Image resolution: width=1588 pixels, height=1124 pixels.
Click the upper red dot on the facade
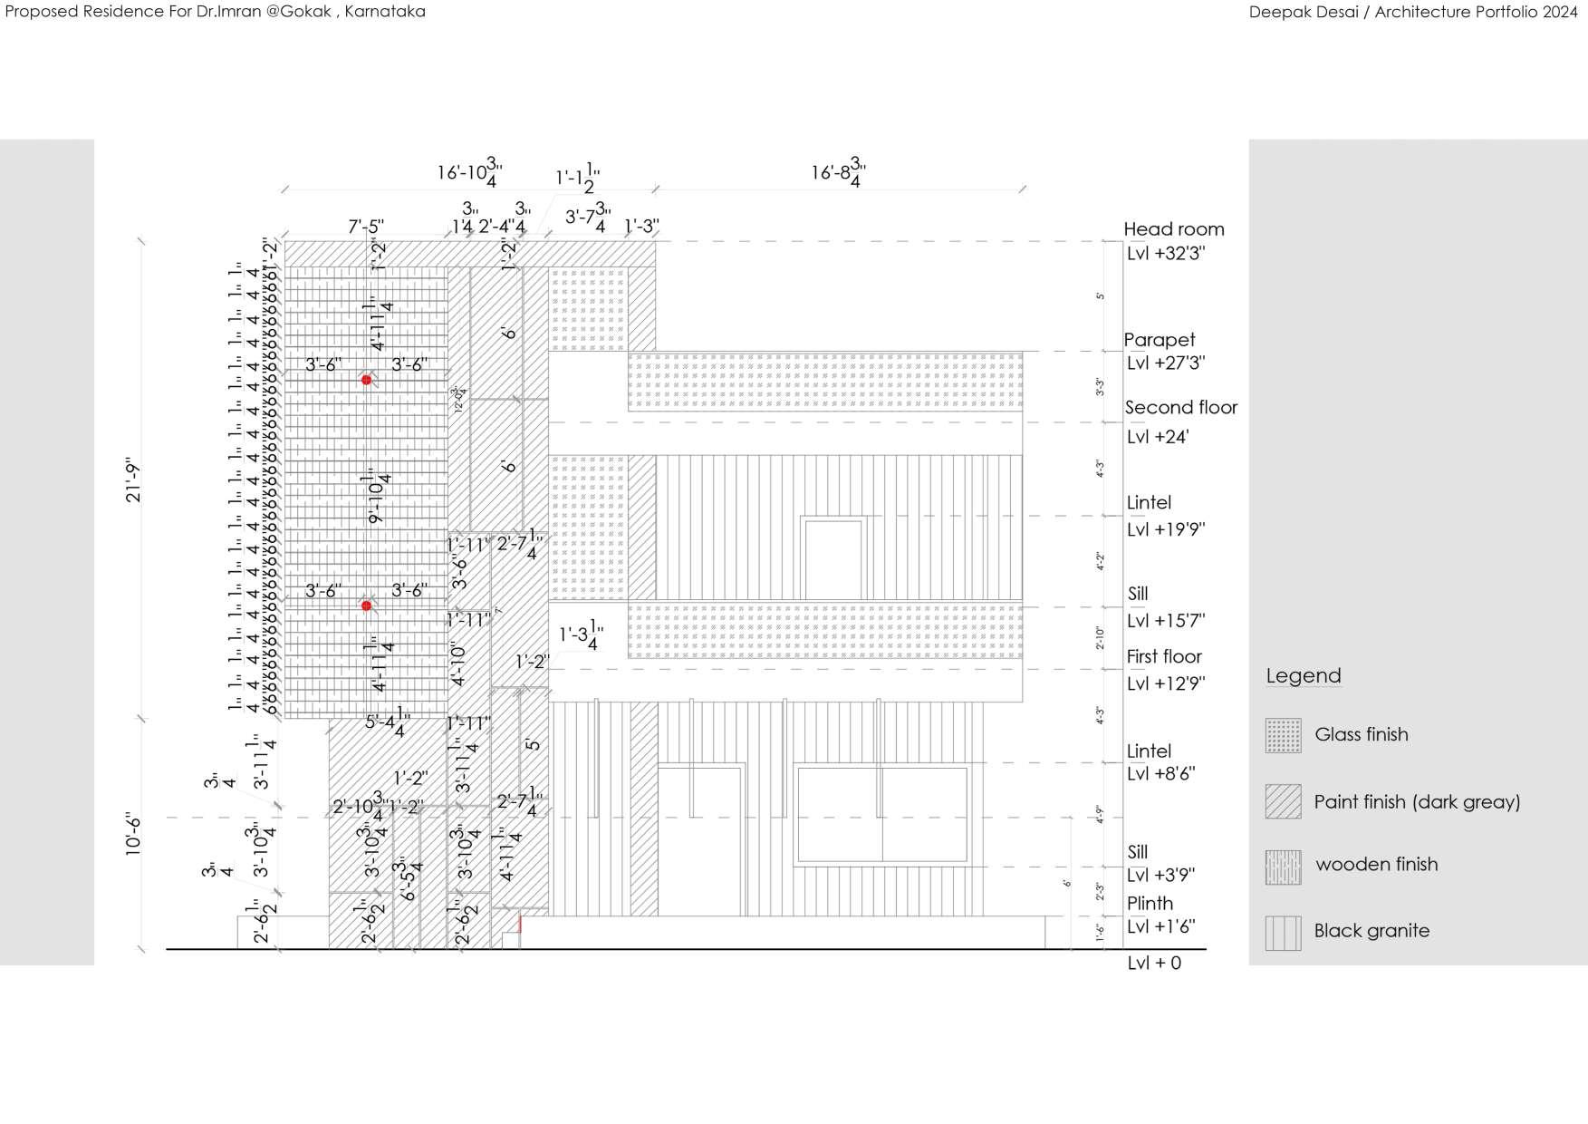tap(366, 380)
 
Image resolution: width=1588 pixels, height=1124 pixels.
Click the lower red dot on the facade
tap(366, 606)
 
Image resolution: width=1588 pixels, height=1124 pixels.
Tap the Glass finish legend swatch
tap(1283, 735)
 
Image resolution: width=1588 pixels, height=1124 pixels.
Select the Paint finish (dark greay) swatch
tap(1283, 801)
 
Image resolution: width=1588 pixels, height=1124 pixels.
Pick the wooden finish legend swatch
tap(1283, 867)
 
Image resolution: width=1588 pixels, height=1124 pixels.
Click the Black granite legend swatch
tap(1283, 933)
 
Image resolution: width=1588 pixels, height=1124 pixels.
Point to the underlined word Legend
tap(1303, 676)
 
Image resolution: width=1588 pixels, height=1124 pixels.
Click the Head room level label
tap(1173, 229)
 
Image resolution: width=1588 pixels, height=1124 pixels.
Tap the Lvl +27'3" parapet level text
tap(1166, 363)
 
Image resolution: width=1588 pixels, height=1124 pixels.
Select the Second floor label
tap(1180, 408)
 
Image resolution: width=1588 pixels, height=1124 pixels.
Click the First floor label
tap(1164, 656)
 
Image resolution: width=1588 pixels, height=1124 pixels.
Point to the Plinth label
tap(1150, 903)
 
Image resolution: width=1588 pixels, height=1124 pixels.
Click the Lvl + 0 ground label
tap(1154, 963)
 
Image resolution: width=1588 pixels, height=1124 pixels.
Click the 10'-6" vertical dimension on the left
tap(134, 834)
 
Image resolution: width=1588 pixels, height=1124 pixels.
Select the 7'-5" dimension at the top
tap(366, 226)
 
